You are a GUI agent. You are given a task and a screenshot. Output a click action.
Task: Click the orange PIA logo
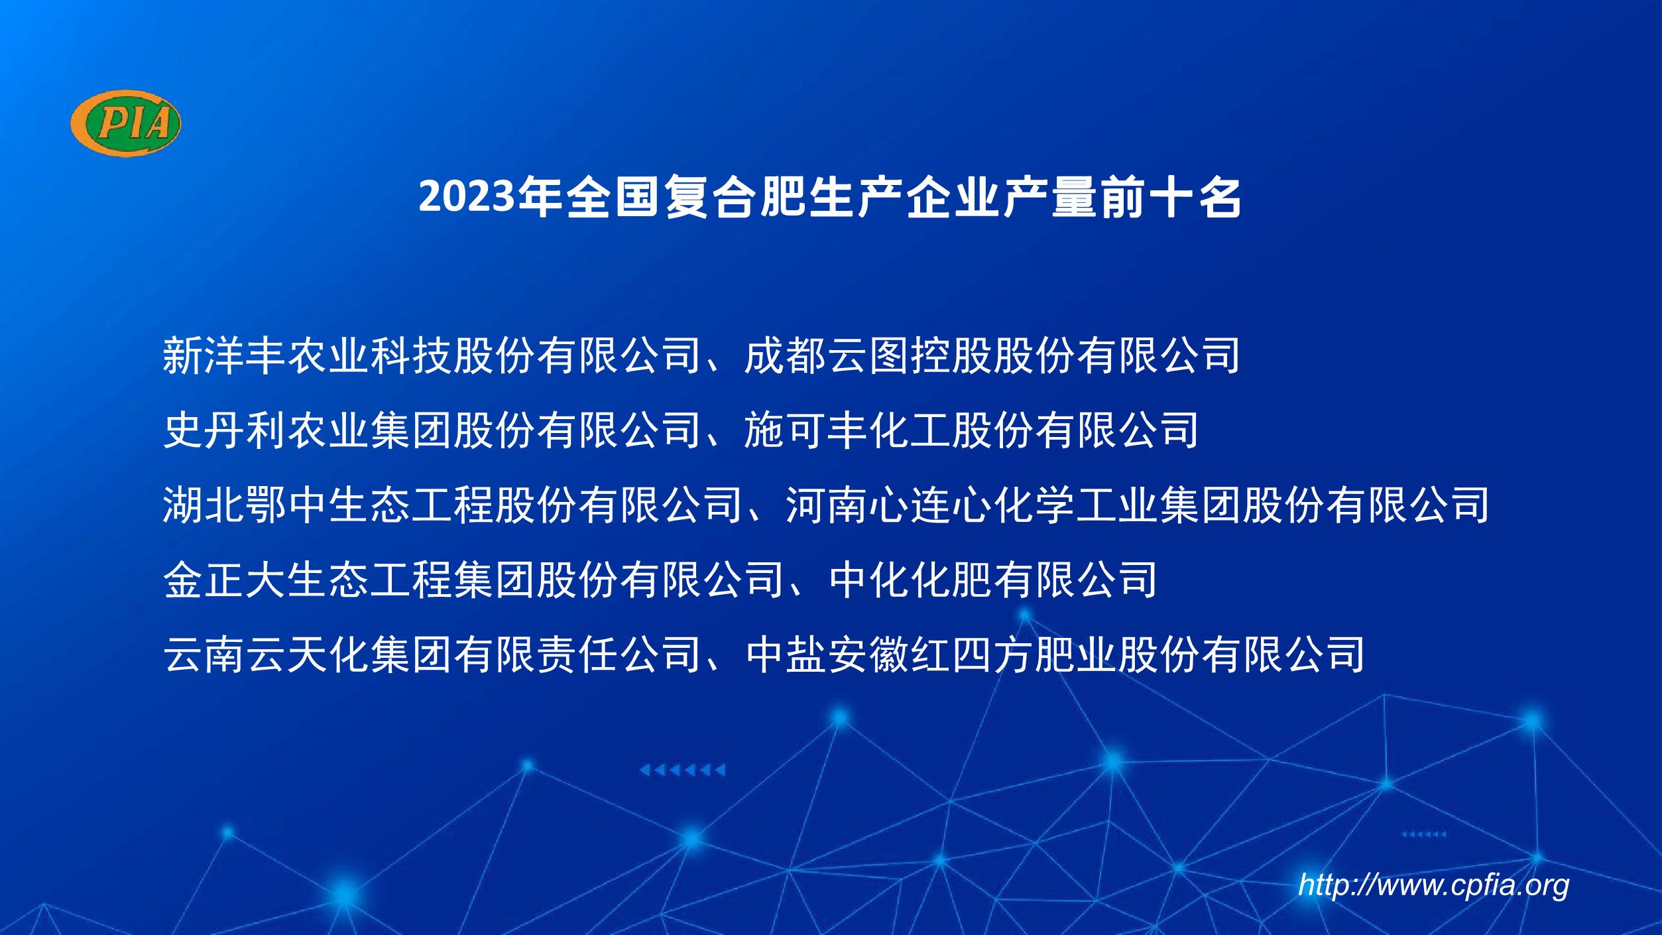[126, 123]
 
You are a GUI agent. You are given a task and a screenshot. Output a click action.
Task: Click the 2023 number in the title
[467, 198]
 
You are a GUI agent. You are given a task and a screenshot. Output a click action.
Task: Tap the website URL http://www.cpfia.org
[1433, 885]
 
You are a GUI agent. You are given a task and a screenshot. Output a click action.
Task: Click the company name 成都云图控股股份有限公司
[992, 355]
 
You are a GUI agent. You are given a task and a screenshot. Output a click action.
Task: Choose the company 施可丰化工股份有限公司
[971, 430]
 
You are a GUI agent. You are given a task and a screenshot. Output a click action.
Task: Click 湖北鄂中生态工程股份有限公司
[453, 505]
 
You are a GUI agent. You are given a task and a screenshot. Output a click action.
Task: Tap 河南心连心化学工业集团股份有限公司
[1138, 505]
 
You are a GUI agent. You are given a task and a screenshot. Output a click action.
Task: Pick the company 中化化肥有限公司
[993, 579]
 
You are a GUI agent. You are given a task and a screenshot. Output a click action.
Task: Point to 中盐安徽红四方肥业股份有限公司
[1054, 654]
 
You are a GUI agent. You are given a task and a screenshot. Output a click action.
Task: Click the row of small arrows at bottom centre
[682, 770]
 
